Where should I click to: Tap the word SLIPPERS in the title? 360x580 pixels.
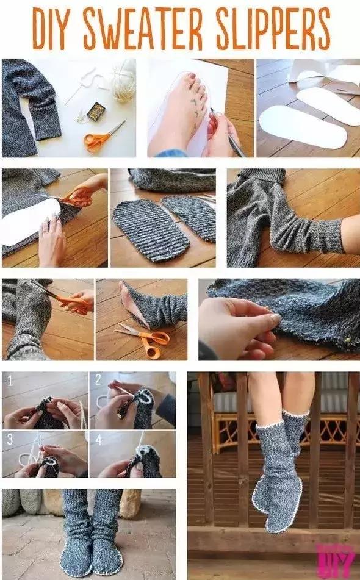[x=273, y=29]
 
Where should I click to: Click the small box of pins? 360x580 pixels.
[x=96, y=112]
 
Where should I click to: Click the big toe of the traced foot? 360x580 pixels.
[x=193, y=77]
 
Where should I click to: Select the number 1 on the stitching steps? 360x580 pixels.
[x=10, y=381]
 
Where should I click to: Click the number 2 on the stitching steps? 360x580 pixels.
[x=98, y=379]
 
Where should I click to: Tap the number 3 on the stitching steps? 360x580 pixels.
[x=10, y=439]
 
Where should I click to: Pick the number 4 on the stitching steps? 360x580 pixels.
[x=98, y=440]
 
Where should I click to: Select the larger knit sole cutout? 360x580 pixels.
[x=151, y=230]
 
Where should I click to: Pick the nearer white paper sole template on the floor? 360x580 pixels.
[x=303, y=127]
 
